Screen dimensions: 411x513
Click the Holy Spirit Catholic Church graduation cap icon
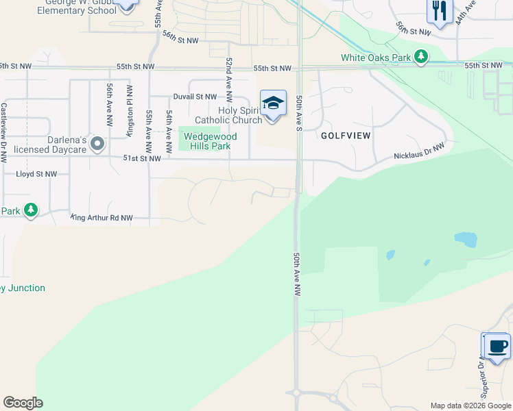[273, 103]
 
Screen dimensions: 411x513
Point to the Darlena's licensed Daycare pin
[97, 144]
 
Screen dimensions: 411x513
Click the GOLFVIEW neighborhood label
[346, 136]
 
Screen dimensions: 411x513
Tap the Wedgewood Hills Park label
[209, 141]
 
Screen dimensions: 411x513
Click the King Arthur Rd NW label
[101, 218]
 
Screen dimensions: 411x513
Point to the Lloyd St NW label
[36, 174]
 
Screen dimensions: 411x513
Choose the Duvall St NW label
[195, 97]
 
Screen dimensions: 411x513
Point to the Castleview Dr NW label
[4, 132]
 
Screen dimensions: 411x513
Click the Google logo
[23, 403]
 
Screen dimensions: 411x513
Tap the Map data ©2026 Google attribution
[470, 406]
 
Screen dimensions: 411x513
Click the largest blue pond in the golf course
[466, 239]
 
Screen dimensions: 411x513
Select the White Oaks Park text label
[375, 58]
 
